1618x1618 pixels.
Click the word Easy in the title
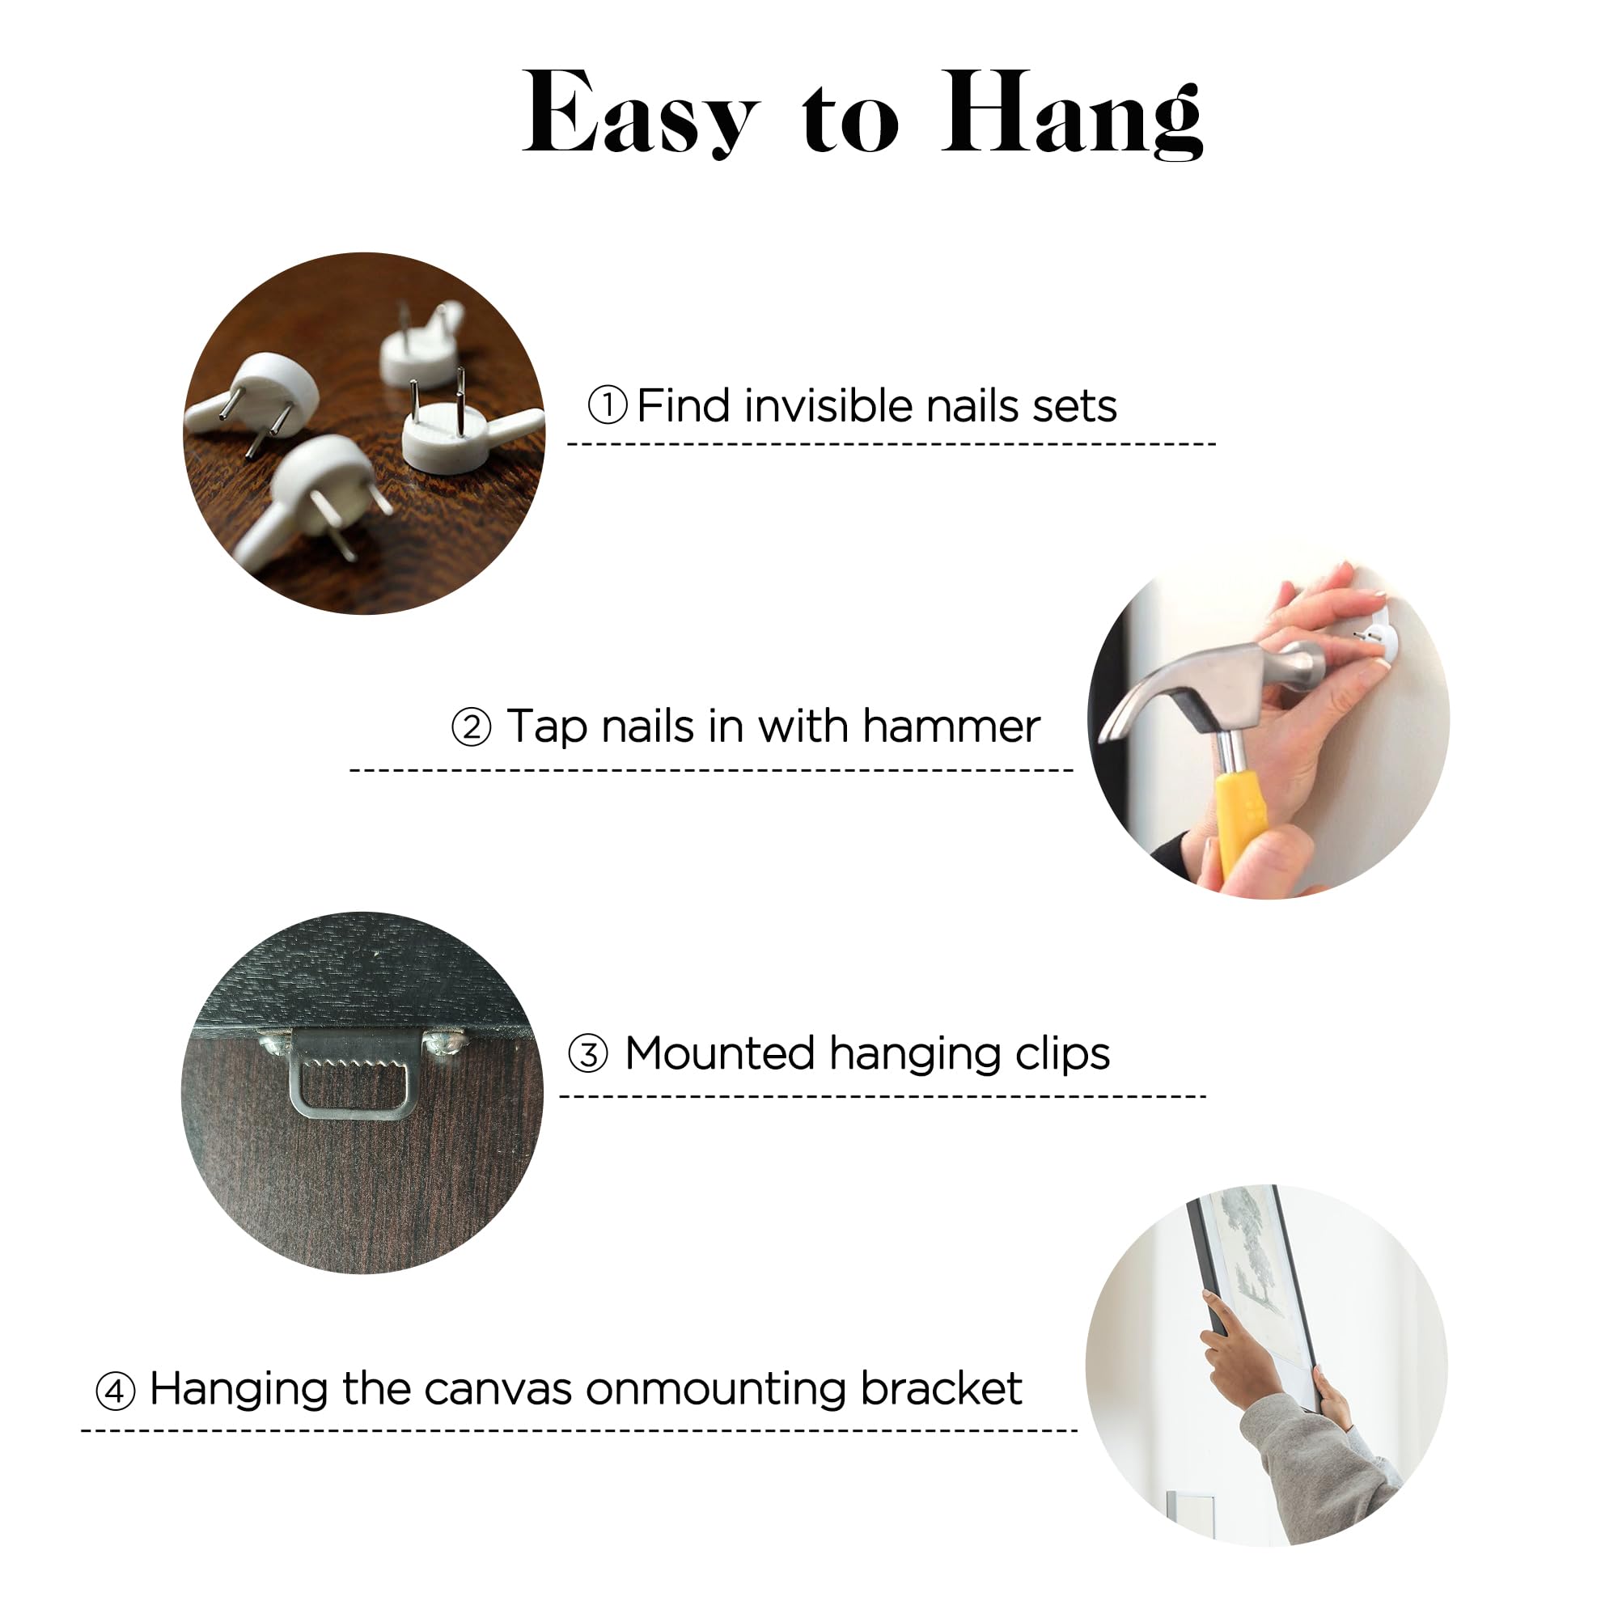(x=641, y=113)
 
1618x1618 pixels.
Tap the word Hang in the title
(x=1073, y=115)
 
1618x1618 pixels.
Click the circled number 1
(x=608, y=406)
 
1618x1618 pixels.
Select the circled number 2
(x=472, y=727)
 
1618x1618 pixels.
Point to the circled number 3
(x=588, y=1053)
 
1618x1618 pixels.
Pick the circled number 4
(x=116, y=1391)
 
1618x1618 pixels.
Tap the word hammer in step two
(x=951, y=726)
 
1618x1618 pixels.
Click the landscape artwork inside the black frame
(x=1256, y=1256)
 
